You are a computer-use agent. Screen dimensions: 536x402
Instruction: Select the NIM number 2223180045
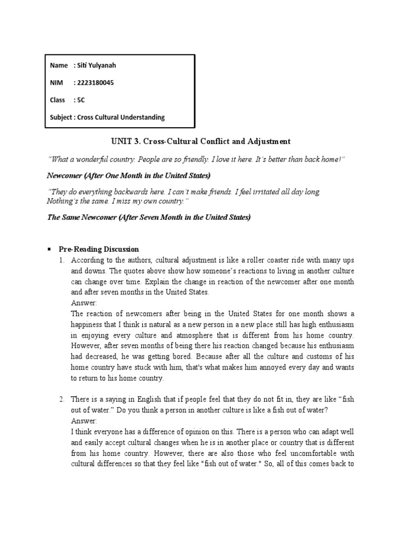click(x=94, y=83)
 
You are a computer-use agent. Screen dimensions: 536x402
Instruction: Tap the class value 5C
click(x=81, y=100)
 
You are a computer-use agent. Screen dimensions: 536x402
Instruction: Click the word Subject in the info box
click(x=61, y=117)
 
